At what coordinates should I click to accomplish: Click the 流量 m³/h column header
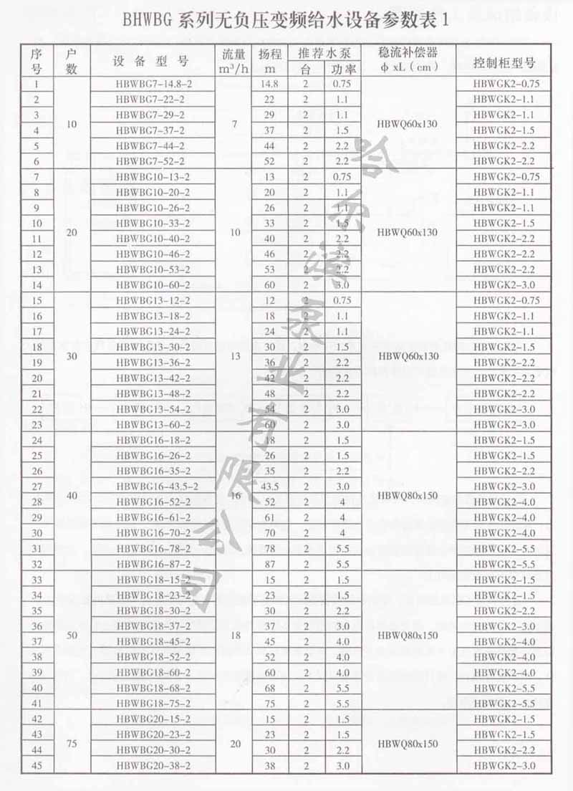tap(235, 60)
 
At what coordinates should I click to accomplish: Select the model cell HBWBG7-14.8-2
tap(154, 84)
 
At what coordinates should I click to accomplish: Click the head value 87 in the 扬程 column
tap(270, 564)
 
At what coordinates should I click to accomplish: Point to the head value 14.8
tap(270, 84)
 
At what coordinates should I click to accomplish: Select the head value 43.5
tap(270, 486)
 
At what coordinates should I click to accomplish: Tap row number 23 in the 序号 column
tap(37, 424)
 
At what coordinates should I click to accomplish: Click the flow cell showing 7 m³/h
tap(235, 124)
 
